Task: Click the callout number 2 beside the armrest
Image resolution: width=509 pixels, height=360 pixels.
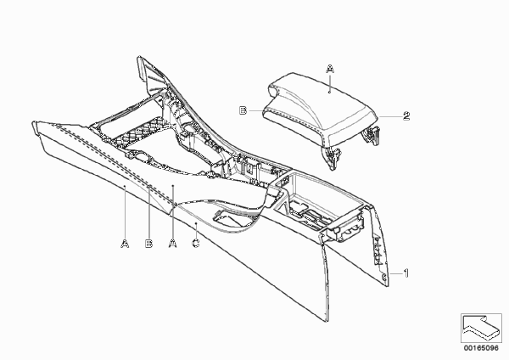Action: [x=406, y=116]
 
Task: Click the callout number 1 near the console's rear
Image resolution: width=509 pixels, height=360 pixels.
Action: [x=406, y=273]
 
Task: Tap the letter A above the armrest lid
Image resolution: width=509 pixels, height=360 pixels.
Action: [x=330, y=69]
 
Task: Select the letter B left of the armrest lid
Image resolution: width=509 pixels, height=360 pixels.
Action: [x=243, y=110]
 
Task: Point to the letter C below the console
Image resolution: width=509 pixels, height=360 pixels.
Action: [x=196, y=243]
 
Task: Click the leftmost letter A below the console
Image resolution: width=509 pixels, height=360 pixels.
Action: [x=125, y=244]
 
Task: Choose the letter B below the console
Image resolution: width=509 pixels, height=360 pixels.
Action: [x=148, y=244]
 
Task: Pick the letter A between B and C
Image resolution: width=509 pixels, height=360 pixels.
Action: [x=173, y=244]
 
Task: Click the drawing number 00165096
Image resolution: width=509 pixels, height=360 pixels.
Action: [x=481, y=348]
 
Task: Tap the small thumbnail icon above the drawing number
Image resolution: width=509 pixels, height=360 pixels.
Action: [x=481, y=328]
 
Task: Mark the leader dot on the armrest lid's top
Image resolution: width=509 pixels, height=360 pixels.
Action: [x=329, y=93]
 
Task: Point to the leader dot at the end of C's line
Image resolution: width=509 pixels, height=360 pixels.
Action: [x=196, y=223]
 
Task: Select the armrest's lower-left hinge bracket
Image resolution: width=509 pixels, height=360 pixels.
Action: [x=332, y=156]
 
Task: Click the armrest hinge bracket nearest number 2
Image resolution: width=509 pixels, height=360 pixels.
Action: [x=372, y=134]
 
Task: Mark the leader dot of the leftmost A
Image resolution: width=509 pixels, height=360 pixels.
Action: [x=125, y=186]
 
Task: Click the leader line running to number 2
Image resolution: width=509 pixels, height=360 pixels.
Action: [x=390, y=116]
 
